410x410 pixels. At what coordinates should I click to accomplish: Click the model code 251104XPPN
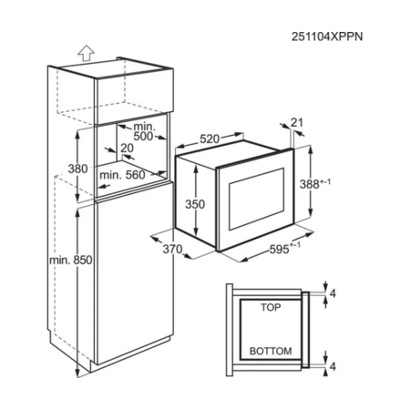327,36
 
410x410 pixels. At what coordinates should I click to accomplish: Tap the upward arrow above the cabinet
86,53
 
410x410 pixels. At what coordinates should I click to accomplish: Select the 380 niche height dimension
77,169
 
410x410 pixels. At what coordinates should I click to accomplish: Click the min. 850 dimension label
71,261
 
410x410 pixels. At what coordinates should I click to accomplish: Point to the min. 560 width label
123,175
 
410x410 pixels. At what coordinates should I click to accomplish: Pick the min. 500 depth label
144,132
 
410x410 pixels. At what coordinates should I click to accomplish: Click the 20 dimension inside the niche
128,148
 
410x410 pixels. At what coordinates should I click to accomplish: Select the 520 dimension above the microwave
210,139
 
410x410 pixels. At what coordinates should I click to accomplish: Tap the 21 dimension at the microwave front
297,122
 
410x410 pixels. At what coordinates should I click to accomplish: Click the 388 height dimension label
315,184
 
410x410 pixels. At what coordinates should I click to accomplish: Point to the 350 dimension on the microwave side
195,204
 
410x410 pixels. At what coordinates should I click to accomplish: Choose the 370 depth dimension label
172,250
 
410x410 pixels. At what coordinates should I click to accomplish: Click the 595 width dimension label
284,249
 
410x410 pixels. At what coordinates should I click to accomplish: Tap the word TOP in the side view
271,307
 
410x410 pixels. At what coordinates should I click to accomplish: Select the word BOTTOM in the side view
271,351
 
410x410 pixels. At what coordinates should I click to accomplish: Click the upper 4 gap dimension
333,293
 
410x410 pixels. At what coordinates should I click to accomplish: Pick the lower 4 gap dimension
333,366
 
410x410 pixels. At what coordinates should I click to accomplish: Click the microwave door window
257,199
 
